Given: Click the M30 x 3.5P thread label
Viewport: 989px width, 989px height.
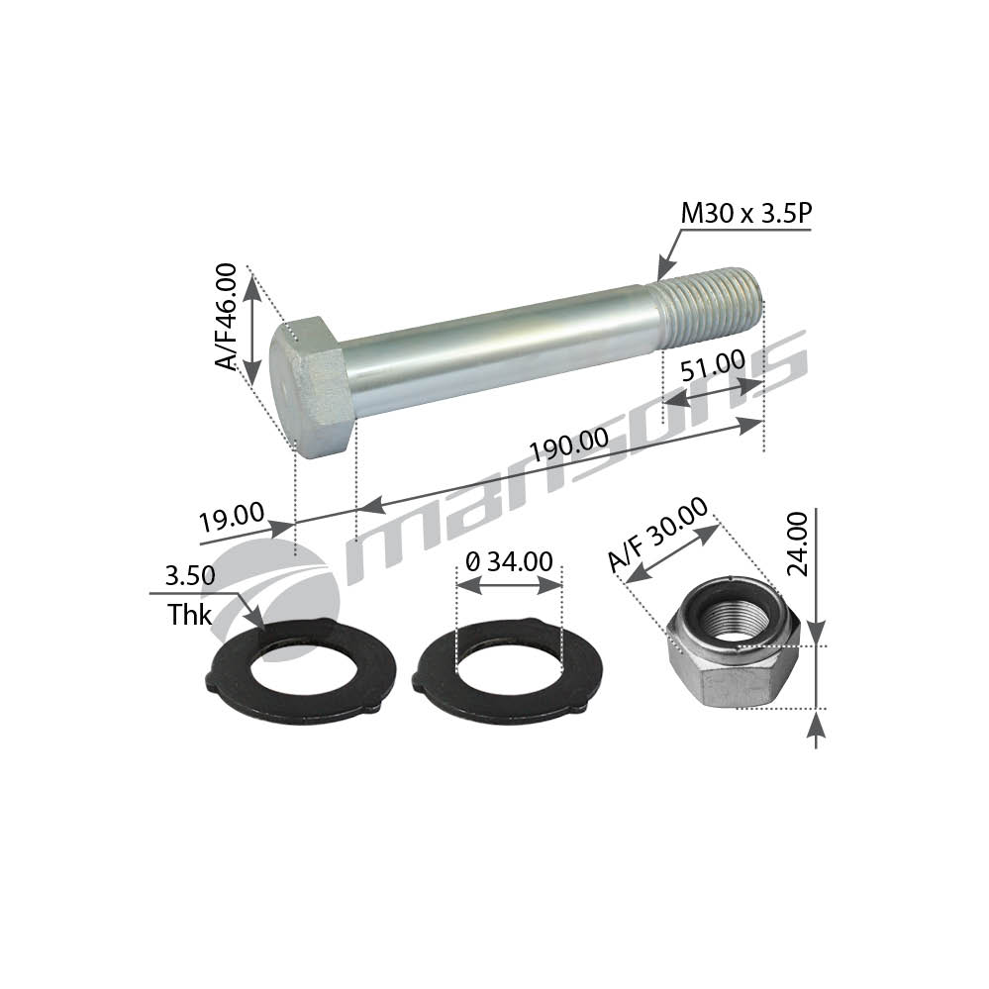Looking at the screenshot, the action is point(745,214).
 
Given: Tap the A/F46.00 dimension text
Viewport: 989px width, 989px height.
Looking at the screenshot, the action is point(226,316).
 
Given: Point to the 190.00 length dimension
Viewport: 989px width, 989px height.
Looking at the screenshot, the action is point(569,445).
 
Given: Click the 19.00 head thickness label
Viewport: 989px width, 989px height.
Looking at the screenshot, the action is point(232,517).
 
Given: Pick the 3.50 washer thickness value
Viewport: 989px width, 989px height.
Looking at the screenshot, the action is point(190,575).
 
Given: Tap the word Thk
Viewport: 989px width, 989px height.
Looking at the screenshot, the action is point(189,615).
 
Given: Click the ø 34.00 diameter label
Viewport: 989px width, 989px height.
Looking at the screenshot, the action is point(509,561).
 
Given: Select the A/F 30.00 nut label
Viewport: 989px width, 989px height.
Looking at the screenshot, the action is point(658,535).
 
